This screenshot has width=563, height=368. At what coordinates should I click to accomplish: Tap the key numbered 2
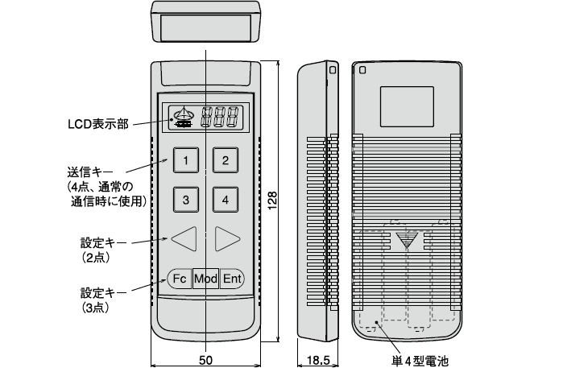click(226, 160)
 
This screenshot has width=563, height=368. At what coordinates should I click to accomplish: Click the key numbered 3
click(186, 200)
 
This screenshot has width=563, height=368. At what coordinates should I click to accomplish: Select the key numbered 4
click(226, 200)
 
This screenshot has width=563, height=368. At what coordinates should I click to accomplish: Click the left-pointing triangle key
click(185, 238)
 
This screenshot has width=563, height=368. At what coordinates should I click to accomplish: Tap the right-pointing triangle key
click(226, 238)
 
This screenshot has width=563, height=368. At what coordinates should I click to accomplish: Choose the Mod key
click(205, 279)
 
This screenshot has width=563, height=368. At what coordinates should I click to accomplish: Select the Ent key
click(232, 279)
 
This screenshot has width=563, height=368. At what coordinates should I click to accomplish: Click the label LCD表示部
click(98, 124)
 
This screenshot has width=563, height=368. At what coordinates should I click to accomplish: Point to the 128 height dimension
click(272, 201)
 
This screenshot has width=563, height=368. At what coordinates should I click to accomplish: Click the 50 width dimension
click(205, 360)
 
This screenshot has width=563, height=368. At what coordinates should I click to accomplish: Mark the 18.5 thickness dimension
click(318, 360)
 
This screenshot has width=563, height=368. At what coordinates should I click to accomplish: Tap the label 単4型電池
click(420, 361)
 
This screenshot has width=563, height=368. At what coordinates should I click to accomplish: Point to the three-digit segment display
click(220, 117)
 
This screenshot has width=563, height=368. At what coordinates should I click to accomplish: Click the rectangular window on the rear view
click(407, 106)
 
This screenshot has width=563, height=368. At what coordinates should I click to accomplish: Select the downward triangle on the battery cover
click(407, 240)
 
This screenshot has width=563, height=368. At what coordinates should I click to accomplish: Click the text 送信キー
click(90, 172)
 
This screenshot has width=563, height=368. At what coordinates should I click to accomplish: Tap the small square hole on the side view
click(333, 70)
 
